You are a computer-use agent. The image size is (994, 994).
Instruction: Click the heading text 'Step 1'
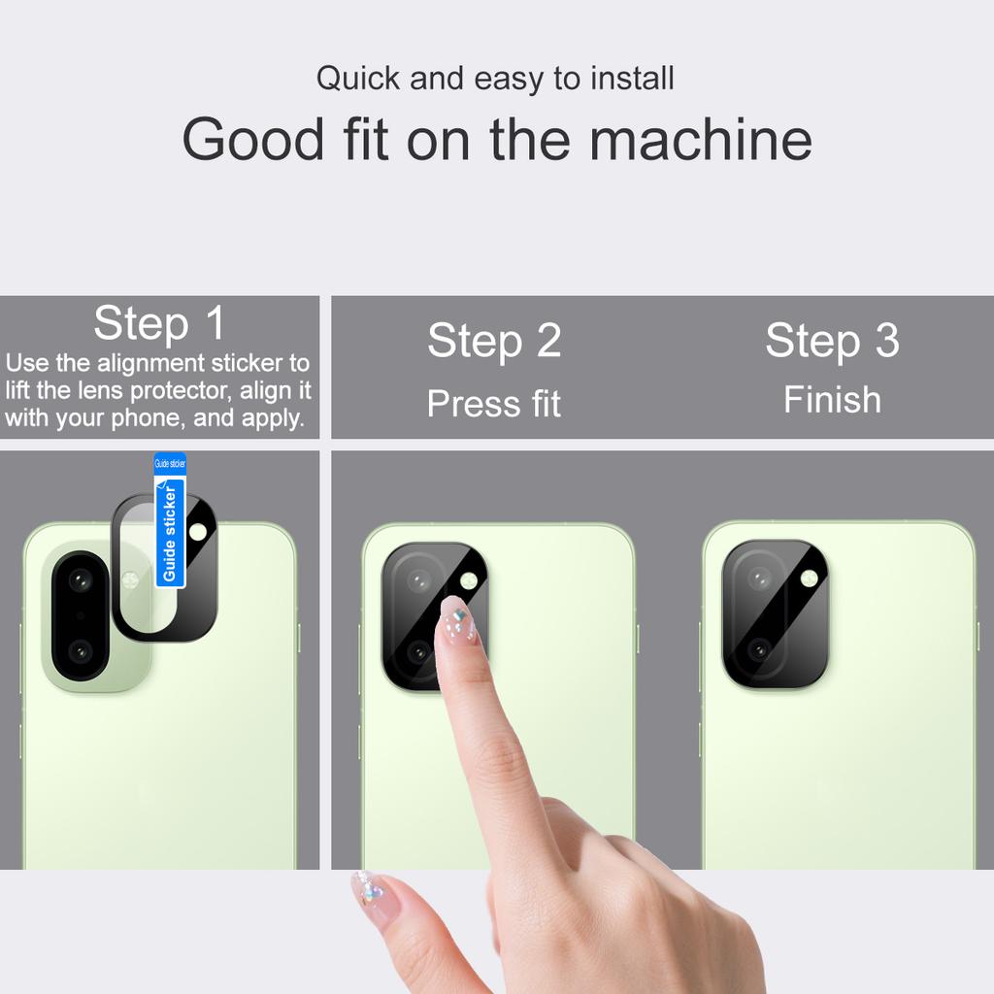(159, 323)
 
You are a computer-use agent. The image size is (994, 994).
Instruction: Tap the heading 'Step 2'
(494, 341)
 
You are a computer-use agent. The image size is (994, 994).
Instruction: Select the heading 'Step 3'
(832, 341)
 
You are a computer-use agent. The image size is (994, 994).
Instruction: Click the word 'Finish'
(832, 400)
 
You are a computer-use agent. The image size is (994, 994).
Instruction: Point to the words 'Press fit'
(494, 404)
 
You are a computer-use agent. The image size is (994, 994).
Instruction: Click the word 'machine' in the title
(700, 139)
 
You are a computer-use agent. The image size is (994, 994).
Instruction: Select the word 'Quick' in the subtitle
(358, 79)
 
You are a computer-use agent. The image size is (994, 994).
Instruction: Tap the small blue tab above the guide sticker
(170, 463)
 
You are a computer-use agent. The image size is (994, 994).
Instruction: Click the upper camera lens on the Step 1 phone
(80, 580)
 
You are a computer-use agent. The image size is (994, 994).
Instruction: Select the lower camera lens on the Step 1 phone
(80, 649)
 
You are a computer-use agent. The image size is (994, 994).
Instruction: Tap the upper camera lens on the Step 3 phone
(759, 579)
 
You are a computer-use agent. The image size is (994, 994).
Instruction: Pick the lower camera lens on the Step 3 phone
(759, 648)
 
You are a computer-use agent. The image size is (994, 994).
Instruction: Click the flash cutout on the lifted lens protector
(198, 531)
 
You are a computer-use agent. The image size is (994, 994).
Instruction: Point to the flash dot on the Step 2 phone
(469, 580)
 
